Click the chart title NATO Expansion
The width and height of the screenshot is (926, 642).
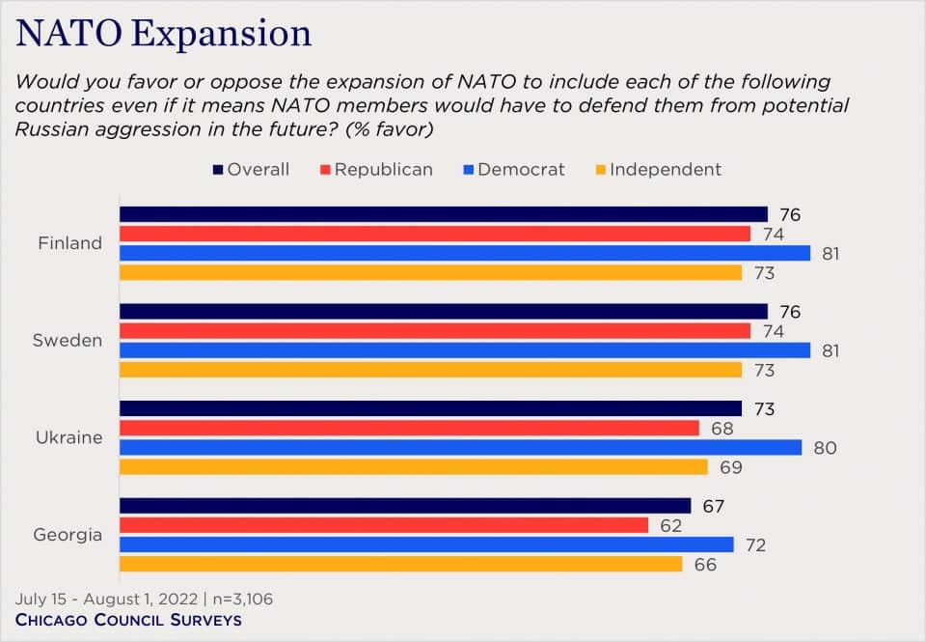pyautogui.click(x=164, y=33)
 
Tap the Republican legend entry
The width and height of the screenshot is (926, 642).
pyautogui.click(x=376, y=170)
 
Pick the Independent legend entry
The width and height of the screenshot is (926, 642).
pyautogui.click(x=656, y=170)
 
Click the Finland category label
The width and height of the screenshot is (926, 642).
pyautogui.click(x=70, y=243)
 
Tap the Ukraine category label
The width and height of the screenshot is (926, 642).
pyautogui.click(x=70, y=437)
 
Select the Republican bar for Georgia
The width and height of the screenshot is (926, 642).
pyautogui.click(x=384, y=525)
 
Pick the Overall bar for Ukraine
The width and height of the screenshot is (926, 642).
pyautogui.click(x=430, y=408)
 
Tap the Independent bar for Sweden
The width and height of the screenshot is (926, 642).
pyautogui.click(x=430, y=370)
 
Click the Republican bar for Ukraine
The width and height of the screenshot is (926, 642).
pyautogui.click(x=409, y=428)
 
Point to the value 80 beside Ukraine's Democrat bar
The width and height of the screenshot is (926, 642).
pyautogui.click(x=825, y=448)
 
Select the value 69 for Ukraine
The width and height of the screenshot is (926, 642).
pyautogui.click(x=731, y=467)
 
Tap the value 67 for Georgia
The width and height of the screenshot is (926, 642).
pyautogui.click(x=714, y=506)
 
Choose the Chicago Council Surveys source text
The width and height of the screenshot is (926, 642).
pyautogui.click(x=129, y=620)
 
